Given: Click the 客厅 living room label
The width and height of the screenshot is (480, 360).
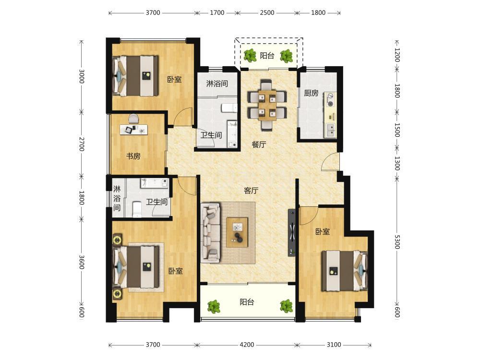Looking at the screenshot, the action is (251, 191).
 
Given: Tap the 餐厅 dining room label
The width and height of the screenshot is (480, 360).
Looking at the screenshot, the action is (259, 144).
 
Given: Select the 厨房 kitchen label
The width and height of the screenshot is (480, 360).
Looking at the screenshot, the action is (312, 93).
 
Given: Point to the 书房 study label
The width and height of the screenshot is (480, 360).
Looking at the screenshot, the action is (133, 156).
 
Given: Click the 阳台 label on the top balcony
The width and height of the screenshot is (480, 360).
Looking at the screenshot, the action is (267, 56).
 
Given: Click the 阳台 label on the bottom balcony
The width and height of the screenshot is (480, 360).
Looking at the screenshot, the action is (247, 302).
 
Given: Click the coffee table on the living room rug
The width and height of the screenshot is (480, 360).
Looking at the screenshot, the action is (237, 232).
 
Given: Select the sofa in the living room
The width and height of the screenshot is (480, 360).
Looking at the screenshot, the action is (211, 233).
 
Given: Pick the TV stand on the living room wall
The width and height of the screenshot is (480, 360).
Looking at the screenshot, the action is (291, 233).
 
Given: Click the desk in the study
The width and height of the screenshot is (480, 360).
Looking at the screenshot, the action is (133, 130).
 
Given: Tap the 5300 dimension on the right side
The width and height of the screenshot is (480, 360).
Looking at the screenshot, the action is (397, 242).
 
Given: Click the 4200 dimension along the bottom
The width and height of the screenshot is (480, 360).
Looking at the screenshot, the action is (247, 345).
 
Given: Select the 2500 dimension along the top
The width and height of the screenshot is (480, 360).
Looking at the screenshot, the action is (267, 13).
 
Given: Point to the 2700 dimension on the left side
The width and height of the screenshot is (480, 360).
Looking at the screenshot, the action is (82, 144).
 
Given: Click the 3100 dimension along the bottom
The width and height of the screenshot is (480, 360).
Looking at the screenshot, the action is (334, 345).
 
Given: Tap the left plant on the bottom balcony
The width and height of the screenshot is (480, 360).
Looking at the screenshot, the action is (214, 306).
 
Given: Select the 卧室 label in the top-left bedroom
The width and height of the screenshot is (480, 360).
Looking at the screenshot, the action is (175, 80).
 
